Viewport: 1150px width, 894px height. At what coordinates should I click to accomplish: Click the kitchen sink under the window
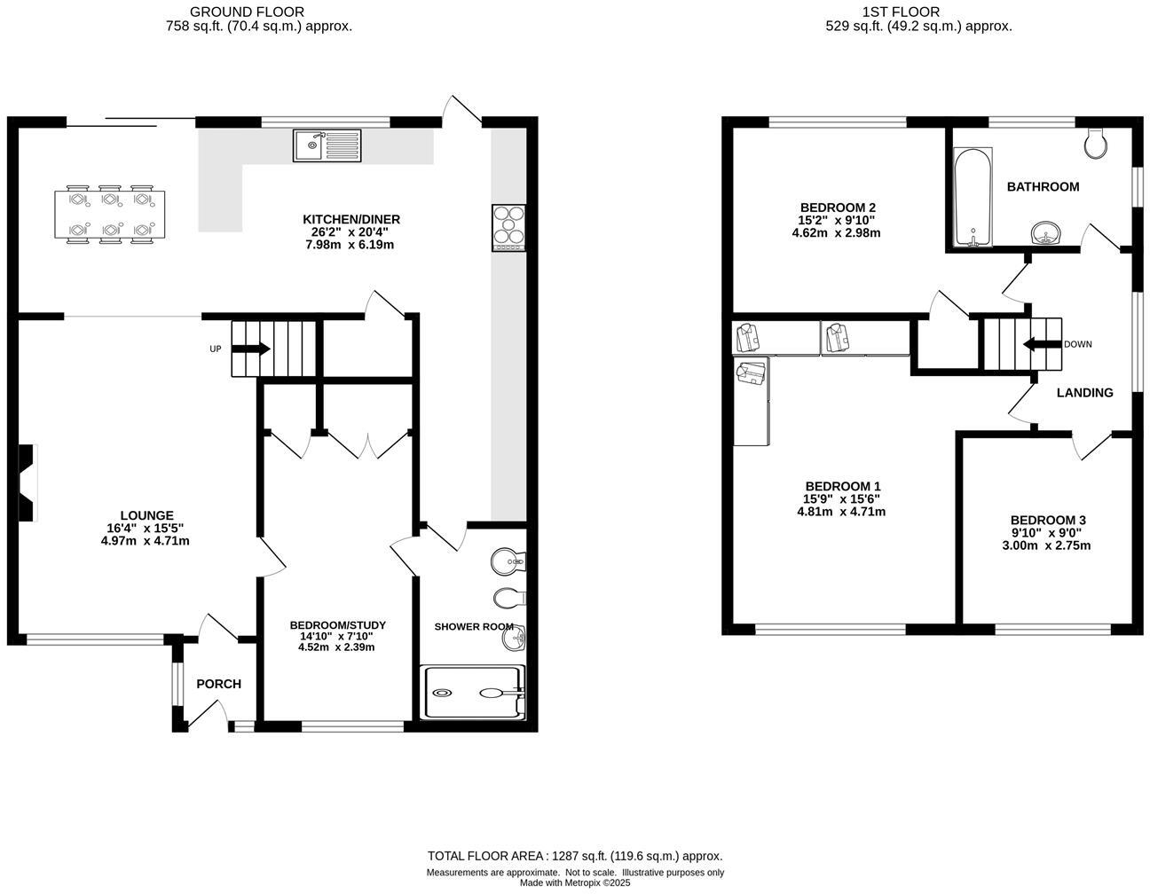point(327,145)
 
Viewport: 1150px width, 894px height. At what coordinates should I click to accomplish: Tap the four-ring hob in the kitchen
point(508,228)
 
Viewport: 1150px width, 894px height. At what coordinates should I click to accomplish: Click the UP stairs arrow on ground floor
point(251,349)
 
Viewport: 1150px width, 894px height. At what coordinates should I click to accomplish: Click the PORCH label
point(218,684)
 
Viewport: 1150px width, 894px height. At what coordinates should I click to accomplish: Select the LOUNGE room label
point(146,515)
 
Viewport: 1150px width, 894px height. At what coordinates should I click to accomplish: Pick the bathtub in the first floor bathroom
point(973,197)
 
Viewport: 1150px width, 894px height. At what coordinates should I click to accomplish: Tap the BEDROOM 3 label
point(1048,521)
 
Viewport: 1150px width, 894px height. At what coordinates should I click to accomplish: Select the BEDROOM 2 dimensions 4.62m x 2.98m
point(836,233)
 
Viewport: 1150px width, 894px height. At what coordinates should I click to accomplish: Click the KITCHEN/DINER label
point(351,219)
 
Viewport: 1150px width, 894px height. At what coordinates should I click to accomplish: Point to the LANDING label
point(1084,392)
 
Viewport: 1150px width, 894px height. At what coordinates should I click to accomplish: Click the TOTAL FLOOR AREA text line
point(575,856)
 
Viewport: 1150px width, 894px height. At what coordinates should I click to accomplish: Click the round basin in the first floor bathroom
point(1048,234)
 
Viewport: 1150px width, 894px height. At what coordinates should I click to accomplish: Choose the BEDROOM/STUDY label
point(337,625)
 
